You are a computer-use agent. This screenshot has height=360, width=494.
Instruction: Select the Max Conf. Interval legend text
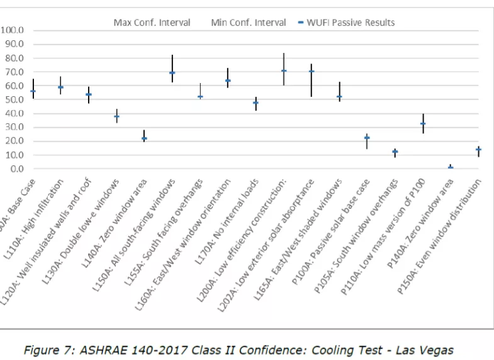pos(152,23)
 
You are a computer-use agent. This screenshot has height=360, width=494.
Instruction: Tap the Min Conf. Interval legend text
pos(248,23)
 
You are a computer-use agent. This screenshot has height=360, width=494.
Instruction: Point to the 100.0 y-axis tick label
pos(13,30)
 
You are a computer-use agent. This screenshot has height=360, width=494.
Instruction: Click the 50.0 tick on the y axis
pos(15,100)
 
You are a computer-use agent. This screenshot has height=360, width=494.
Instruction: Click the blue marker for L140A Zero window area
pos(144,138)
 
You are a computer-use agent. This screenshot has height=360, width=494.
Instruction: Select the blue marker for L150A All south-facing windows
pos(172,73)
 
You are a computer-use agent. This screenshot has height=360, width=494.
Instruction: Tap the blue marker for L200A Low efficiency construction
pos(284,71)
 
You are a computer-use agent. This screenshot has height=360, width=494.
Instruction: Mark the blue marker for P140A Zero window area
pos(451,168)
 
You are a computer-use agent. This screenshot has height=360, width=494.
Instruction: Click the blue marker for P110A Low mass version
pos(423,124)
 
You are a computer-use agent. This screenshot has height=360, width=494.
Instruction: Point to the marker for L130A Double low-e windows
pos(116,117)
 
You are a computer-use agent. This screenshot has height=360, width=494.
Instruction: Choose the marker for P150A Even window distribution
pos(478,149)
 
